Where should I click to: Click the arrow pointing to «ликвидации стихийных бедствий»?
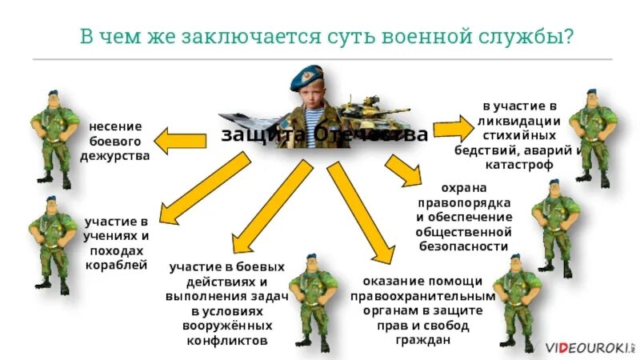click(453, 128)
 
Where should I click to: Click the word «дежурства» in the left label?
click(115, 155)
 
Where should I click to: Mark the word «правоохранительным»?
click(423, 296)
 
